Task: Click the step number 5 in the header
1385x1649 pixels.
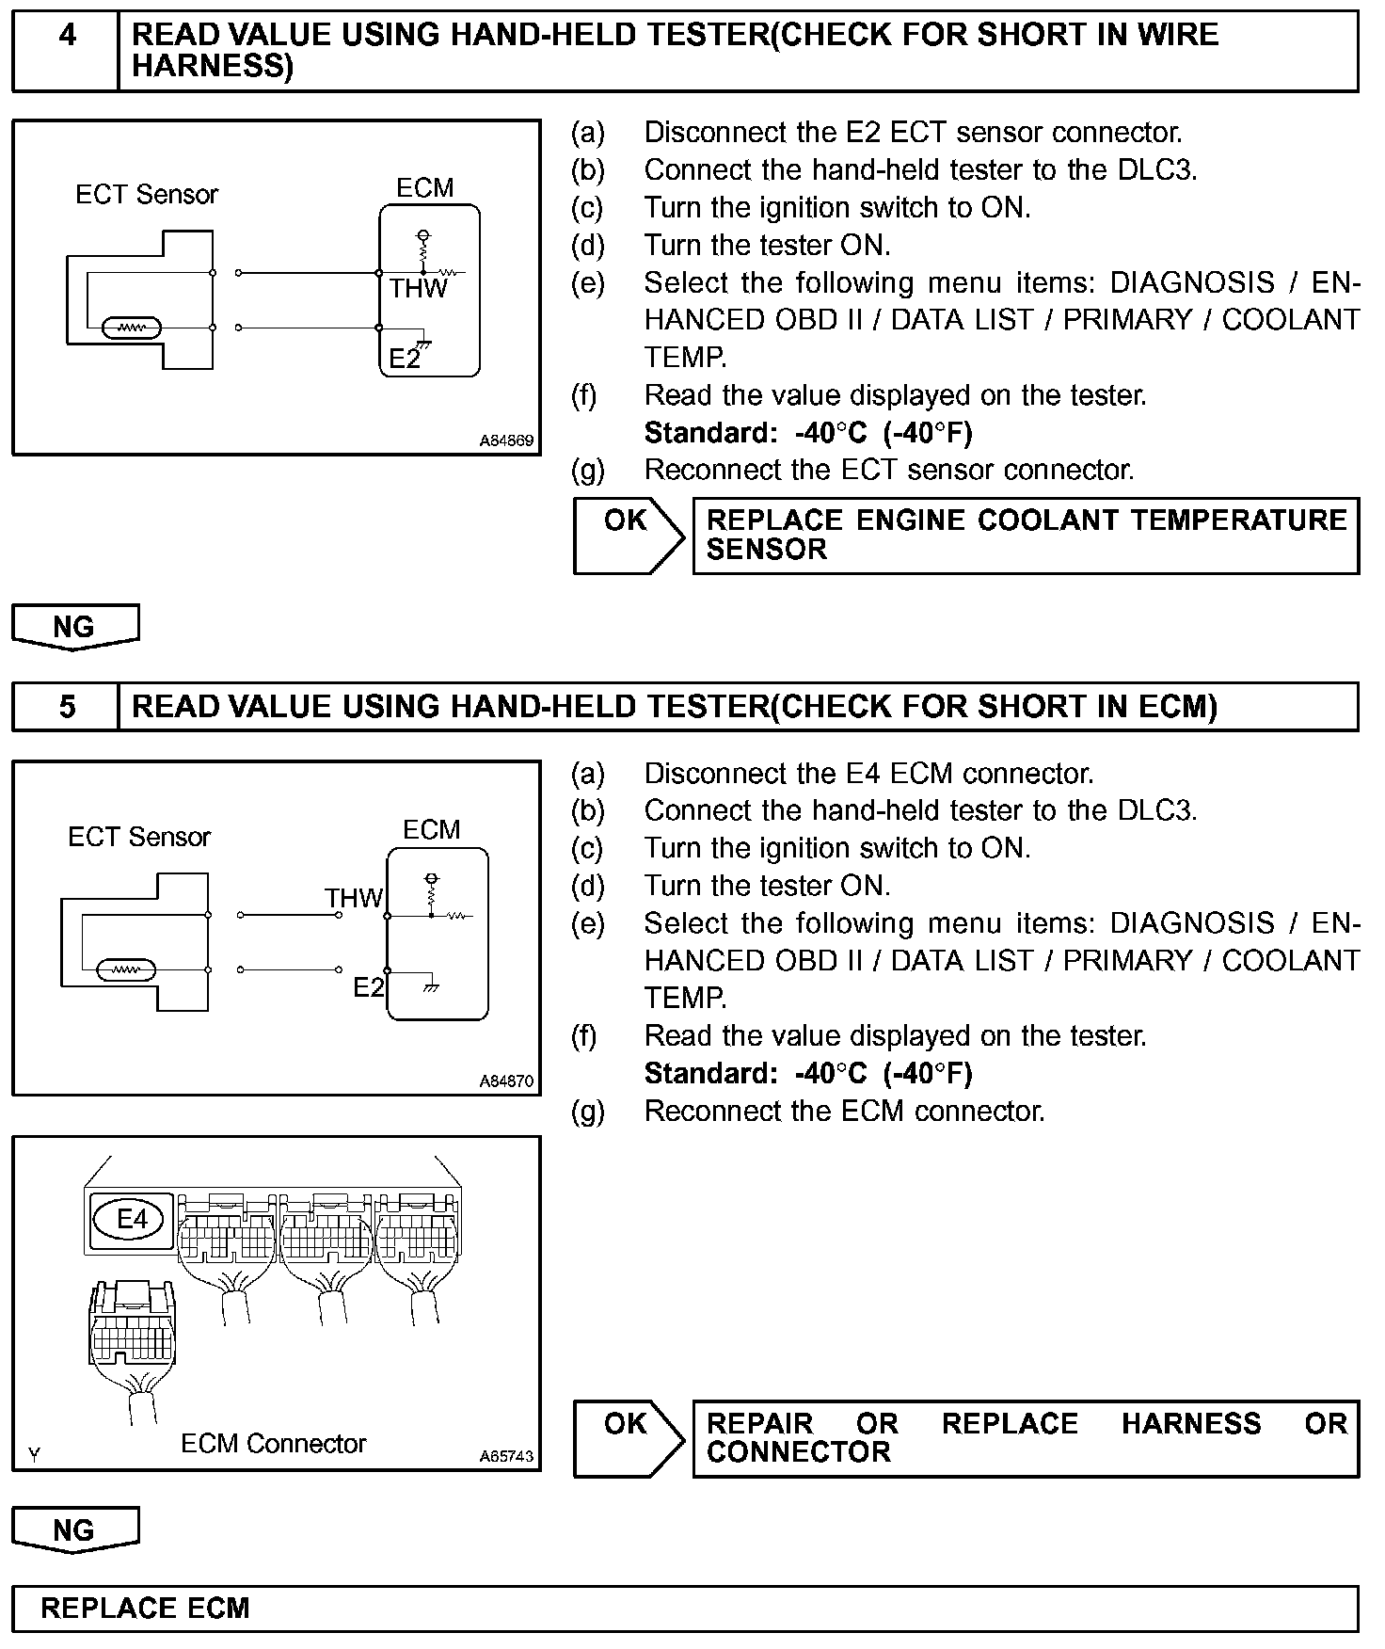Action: click(x=68, y=707)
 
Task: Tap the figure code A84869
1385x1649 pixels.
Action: click(x=506, y=440)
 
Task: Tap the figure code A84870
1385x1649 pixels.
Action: click(x=506, y=1081)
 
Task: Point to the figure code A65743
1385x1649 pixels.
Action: click(x=506, y=1456)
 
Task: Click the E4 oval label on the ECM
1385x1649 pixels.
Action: click(x=132, y=1220)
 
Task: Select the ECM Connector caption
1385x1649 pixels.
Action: click(x=273, y=1444)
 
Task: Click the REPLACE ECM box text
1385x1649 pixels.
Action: click(x=145, y=1608)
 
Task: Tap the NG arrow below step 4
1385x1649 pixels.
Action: click(x=74, y=627)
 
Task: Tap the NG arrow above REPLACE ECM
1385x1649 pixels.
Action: click(x=74, y=1529)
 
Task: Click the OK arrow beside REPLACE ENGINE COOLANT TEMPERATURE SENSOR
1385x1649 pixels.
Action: click(x=628, y=535)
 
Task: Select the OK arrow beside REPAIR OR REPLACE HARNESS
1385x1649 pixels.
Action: click(x=628, y=1437)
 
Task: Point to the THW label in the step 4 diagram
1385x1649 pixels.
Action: click(x=419, y=288)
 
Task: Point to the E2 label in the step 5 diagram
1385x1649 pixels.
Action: click(x=369, y=987)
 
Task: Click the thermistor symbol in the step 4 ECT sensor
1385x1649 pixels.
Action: click(x=133, y=328)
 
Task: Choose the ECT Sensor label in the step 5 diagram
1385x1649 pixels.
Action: click(x=139, y=837)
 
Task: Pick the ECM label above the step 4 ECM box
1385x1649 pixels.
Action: click(x=424, y=188)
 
